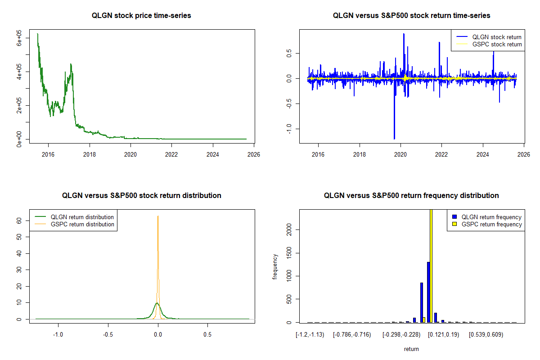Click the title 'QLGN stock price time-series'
(x=141, y=16)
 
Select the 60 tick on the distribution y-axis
(x=19, y=221)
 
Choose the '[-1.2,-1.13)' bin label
(x=310, y=335)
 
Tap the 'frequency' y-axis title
(x=275, y=266)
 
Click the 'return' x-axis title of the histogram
(x=411, y=349)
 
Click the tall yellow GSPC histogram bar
(x=431, y=265)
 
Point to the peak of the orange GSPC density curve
(x=158, y=216)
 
